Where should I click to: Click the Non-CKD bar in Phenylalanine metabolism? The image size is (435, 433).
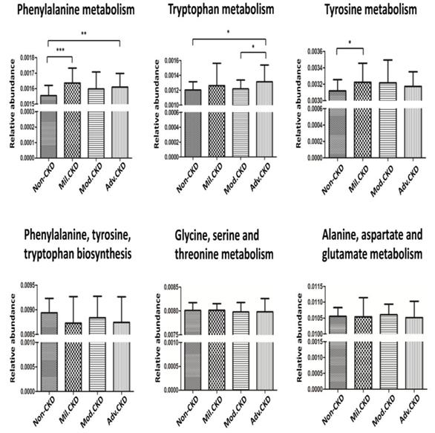(x=48, y=126)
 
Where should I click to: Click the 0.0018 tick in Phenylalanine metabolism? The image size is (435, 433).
(x=27, y=57)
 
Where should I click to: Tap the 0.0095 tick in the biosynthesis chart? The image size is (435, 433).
(x=27, y=284)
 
